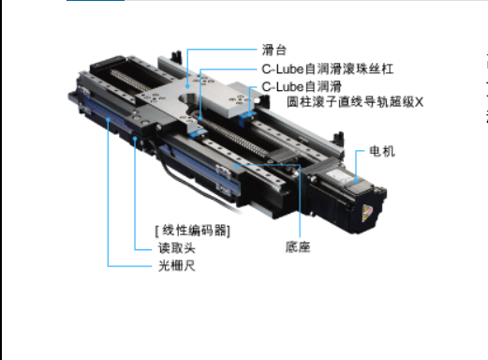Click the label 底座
pos(299,248)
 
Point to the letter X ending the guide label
pos(420,101)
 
